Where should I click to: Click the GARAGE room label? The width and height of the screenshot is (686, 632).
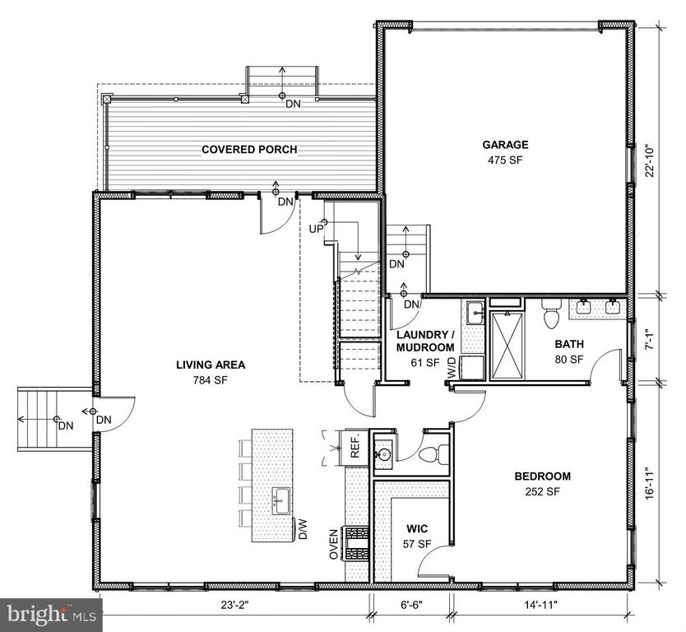pos(505,145)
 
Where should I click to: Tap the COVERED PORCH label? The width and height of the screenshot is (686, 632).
pos(249,150)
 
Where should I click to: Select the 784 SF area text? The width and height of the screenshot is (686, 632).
pos(211,380)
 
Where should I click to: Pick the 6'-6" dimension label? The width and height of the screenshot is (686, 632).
pos(411,605)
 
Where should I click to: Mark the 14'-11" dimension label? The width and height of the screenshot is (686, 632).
pos(541,605)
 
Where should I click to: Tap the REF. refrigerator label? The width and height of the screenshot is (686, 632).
pos(355,446)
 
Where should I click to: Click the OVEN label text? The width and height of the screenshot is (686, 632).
pos(334,545)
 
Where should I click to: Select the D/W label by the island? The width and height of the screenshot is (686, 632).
pos(304,528)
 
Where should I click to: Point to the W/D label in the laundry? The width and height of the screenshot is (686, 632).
pos(452,368)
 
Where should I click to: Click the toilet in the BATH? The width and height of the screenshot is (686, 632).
pos(551,314)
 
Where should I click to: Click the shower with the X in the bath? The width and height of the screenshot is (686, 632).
pos(507,346)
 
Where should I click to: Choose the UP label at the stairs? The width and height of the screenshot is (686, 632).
pos(317,229)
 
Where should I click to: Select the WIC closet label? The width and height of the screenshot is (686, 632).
pos(417,528)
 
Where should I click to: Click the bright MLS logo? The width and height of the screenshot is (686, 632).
pos(51,615)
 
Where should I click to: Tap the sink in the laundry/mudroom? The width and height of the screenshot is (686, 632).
pos(475,314)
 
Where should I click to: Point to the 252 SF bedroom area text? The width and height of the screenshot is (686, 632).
pos(543,491)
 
